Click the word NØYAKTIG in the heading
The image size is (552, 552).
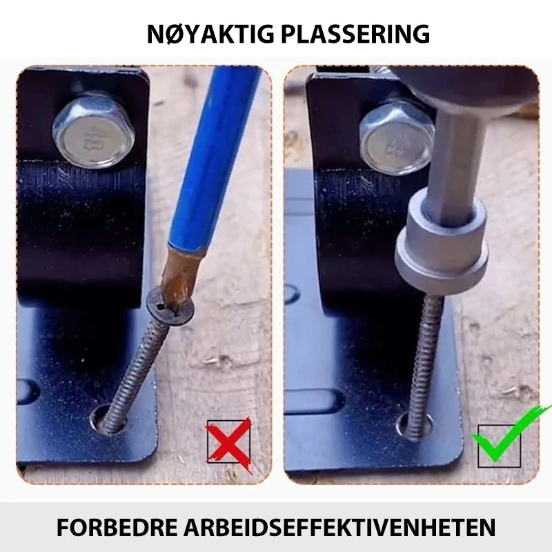[x=210, y=34]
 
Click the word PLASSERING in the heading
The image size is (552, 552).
[x=355, y=34]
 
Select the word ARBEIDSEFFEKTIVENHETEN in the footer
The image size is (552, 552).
[x=339, y=526]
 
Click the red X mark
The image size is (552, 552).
[x=229, y=444]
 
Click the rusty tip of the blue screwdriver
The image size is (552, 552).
[x=179, y=278]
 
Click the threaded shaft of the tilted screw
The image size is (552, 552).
[x=137, y=373]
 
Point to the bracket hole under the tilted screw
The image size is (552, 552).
[x=106, y=419]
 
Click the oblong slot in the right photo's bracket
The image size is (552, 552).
[x=314, y=402]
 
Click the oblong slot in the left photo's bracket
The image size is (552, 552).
[x=28, y=391]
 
